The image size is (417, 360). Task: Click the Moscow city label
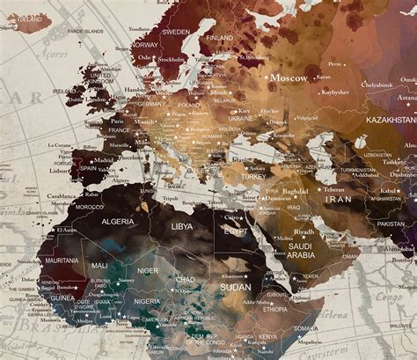(289, 77)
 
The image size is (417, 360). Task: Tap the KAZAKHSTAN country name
(391, 119)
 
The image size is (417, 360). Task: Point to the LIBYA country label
(182, 227)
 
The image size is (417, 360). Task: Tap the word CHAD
(186, 279)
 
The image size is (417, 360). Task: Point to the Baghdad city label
(295, 191)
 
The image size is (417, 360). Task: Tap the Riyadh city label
(304, 232)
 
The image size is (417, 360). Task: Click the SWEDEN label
(176, 32)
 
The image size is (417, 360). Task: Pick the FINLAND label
(219, 38)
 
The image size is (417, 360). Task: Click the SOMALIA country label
(307, 327)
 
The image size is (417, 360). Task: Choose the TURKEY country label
(253, 176)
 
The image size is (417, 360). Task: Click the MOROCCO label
(89, 207)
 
